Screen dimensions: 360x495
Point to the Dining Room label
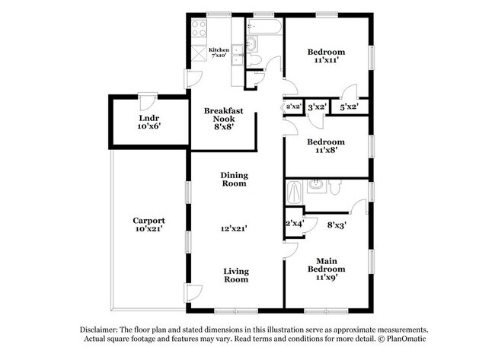tap(235, 179)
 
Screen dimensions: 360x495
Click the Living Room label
tap(235, 275)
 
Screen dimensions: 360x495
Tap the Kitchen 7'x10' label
tap(219, 53)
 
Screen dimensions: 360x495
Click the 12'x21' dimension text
tap(235, 227)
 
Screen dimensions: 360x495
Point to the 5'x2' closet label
tap(350, 107)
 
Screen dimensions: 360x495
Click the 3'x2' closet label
tap(317, 107)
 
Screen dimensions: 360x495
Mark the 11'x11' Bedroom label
tap(326, 56)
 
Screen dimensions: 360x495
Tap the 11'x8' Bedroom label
tap(326, 146)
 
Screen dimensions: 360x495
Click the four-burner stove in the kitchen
tap(200, 28)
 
